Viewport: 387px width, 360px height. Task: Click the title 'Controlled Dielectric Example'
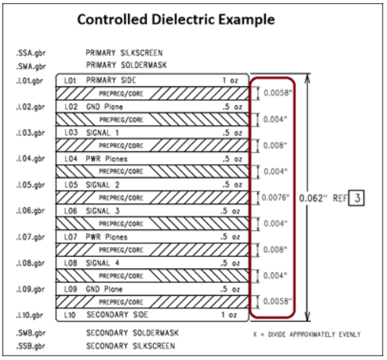pyautogui.click(x=176, y=20)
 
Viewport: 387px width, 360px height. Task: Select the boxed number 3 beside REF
pyautogui.click(x=357, y=198)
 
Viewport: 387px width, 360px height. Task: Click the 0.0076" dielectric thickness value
pyautogui.click(x=276, y=198)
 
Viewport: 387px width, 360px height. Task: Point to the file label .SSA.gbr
pyautogui.click(x=30, y=53)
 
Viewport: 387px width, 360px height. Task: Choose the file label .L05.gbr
pyautogui.click(x=30, y=185)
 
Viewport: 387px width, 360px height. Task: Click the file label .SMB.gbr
pyautogui.click(x=30, y=333)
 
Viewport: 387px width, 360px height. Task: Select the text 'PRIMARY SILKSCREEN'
pyautogui.click(x=124, y=53)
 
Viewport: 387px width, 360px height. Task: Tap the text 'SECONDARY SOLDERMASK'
pyautogui.click(x=133, y=333)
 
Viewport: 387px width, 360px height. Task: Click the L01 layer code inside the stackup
pyautogui.click(x=70, y=81)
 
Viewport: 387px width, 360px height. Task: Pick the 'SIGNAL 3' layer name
pyautogui.click(x=103, y=211)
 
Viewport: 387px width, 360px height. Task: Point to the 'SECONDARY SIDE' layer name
pyautogui.click(x=117, y=315)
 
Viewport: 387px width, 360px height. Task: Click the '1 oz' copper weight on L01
pyautogui.click(x=230, y=80)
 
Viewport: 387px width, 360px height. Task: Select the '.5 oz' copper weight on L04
pyautogui.click(x=232, y=159)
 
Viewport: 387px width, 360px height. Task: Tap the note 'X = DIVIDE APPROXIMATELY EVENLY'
pyautogui.click(x=307, y=334)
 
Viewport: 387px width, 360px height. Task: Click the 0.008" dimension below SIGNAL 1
pyautogui.click(x=275, y=146)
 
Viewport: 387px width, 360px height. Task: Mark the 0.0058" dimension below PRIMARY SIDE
pyautogui.click(x=277, y=93)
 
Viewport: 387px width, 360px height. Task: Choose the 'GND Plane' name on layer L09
pyautogui.click(x=104, y=289)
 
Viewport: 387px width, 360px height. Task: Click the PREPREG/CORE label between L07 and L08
pyautogui.click(x=121, y=250)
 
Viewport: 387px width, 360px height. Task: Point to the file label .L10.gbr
pyautogui.click(x=30, y=315)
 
